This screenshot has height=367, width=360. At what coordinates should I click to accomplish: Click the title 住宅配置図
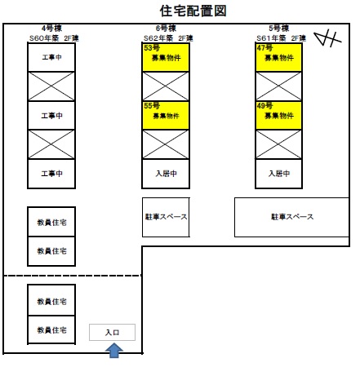(193, 11)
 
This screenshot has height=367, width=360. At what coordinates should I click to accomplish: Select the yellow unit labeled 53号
(166, 57)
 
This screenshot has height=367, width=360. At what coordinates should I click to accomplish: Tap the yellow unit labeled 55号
(166, 115)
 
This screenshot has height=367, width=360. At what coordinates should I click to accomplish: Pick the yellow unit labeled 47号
(278, 57)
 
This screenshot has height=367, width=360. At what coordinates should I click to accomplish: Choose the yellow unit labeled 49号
(278, 115)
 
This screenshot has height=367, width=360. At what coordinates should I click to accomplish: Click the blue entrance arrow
(114, 350)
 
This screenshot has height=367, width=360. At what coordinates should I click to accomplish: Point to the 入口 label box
(112, 332)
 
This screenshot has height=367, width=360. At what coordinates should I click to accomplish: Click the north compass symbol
(327, 38)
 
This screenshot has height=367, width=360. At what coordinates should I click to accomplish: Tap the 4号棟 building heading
(51, 28)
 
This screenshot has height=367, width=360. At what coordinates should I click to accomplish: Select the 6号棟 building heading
(166, 28)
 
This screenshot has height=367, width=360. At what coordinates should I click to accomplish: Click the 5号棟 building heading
(279, 28)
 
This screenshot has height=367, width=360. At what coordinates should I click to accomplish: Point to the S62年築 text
(158, 38)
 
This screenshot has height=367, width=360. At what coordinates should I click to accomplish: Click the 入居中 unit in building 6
(166, 174)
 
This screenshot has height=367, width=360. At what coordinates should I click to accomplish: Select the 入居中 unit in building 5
(278, 174)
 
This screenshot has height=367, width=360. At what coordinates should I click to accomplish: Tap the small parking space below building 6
(166, 217)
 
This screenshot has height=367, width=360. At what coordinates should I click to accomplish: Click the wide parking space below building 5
(291, 217)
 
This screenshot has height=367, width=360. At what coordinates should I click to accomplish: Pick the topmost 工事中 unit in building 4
(51, 57)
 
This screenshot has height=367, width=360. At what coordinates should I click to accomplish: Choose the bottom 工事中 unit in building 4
(51, 174)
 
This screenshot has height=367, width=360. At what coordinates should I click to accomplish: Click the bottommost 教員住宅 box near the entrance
(51, 329)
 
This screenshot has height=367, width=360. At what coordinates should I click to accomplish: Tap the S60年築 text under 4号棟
(44, 38)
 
